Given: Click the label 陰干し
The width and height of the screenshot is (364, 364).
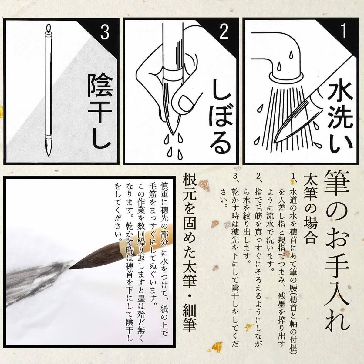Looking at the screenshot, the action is [x=100, y=111].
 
